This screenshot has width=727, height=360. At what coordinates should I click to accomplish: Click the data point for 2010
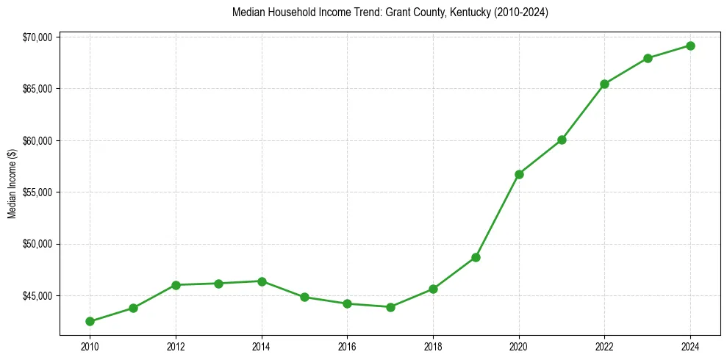(x=90, y=321)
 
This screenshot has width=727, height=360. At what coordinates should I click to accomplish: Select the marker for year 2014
(x=262, y=281)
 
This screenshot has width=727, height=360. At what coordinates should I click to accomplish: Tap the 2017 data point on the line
(x=390, y=307)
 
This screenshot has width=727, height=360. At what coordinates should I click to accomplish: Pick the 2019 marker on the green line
(x=476, y=257)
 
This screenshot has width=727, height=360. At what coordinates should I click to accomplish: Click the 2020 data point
(x=519, y=174)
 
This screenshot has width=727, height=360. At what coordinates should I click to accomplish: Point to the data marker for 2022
(x=604, y=84)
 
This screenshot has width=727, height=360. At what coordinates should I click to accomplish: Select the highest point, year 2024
(x=690, y=46)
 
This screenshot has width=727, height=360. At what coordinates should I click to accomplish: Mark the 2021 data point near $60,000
(x=562, y=140)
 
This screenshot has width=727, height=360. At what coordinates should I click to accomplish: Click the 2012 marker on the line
(x=176, y=285)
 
